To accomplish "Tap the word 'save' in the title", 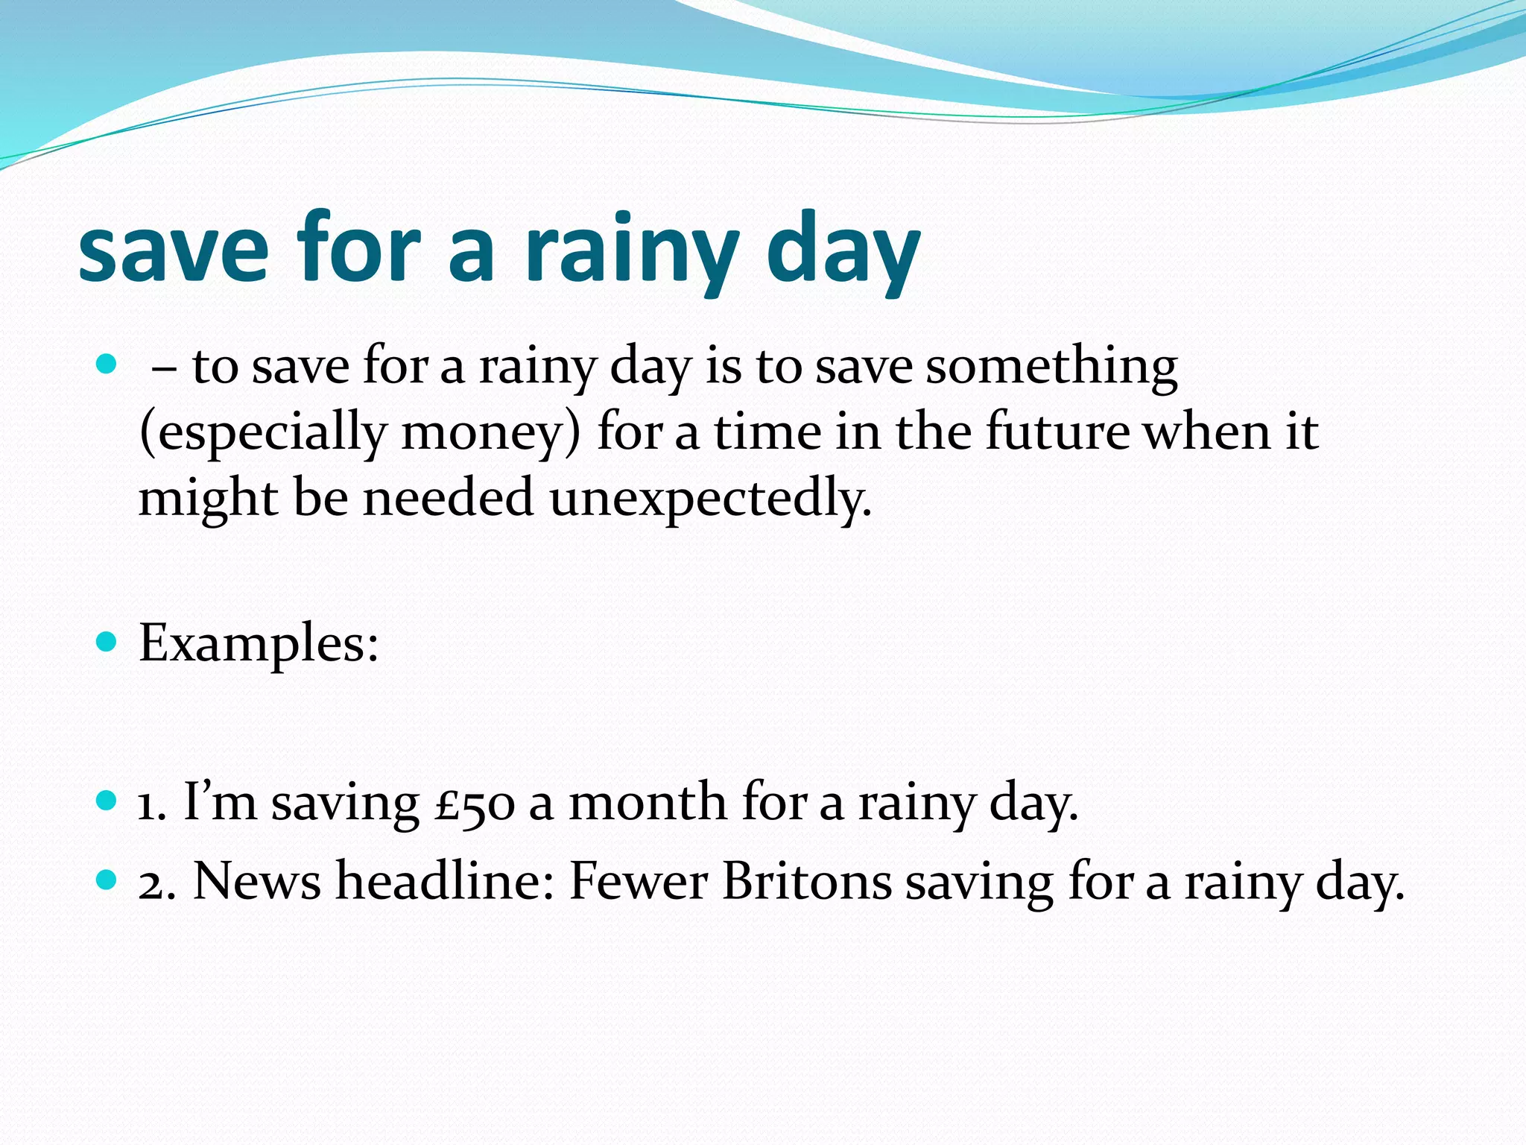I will pyautogui.click(x=173, y=250).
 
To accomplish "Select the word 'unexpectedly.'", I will pyautogui.click(x=711, y=498).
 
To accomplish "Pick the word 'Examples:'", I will pyautogui.click(x=259, y=643).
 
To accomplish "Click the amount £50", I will pyautogui.click(x=475, y=804).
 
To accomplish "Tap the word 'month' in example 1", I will pyautogui.click(x=648, y=802).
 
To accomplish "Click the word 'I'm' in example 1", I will pyautogui.click(x=220, y=802).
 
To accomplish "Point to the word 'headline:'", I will pyautogui.click(x=445, y=882).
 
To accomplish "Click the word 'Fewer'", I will pyautogui.click(x=639, y=882).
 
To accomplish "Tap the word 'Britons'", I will pyautogui.click(x=807, y=882).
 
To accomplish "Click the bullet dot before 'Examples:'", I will pyautogui.click(x=107, y=641).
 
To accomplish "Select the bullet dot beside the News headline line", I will pyautogui.click(x=107, y=880).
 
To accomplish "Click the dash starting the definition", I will pyautogui.click(x=163, y=368).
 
